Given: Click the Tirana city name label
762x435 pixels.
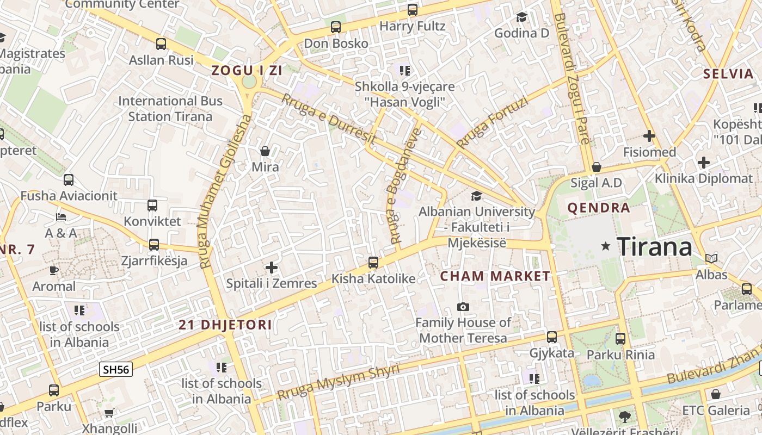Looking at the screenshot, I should click(654, 247).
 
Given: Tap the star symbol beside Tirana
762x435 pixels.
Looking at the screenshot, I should click(605, 246).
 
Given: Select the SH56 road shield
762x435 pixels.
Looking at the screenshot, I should click(116, 370).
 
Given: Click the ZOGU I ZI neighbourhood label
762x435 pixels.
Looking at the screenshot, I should click(247, 70).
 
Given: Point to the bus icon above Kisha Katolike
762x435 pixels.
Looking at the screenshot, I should click(373, 263).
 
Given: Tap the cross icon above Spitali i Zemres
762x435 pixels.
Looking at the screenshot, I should click(271, 267).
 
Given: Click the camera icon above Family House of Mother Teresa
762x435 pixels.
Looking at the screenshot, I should click(463, 307).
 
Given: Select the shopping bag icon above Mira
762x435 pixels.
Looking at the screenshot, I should click(265, 151).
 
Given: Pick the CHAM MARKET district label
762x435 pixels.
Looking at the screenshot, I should click(495, 276).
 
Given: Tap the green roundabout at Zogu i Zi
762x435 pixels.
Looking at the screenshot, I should click(249, 82).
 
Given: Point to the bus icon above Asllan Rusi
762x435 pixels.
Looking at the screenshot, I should click(161, 44).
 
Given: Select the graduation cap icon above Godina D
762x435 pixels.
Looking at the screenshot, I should click(521, 17).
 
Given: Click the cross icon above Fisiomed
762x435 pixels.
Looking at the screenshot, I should click(649, 135).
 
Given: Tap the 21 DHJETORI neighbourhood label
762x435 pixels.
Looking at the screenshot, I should click(225, 325).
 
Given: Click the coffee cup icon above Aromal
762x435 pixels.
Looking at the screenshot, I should click(54, 270).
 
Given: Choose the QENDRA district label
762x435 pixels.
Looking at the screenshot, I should click(599, 208).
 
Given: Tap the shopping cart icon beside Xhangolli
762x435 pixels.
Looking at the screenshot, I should click(109, 413).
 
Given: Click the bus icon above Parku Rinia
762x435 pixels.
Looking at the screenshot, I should click(620, 338).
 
